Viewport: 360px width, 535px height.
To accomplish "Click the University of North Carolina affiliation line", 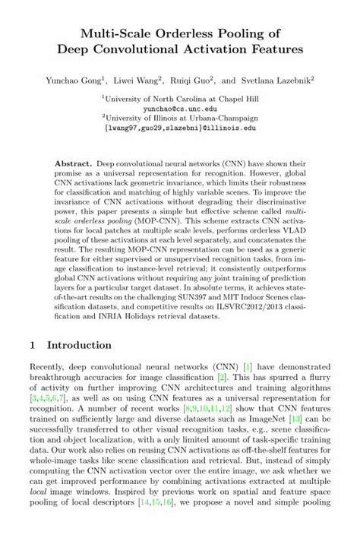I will (x=180, y=98).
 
